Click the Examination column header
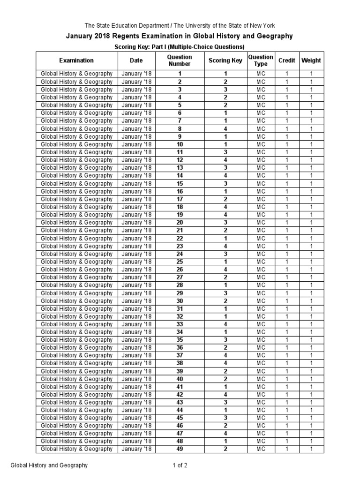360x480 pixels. (76, 60)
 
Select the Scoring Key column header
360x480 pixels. (225, 60)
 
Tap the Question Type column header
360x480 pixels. (261, 60)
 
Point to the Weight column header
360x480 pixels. (311, 60)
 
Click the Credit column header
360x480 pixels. (287, 60)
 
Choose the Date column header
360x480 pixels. (136, 60)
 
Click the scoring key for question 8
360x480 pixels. (225, 128)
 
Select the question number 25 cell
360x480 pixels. (180, 262)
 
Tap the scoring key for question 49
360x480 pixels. (225, 449)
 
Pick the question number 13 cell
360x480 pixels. (180, 168)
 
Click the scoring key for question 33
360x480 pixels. (225, 324)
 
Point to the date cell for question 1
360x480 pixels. (136, 74)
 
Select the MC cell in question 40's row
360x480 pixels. (261, 379)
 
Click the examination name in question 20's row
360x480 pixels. (76, 223)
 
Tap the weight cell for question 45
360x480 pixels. (311, 418)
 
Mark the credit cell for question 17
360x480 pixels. (287, 199)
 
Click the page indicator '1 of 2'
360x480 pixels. (180, 465)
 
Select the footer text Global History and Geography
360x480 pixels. (49, 465)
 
